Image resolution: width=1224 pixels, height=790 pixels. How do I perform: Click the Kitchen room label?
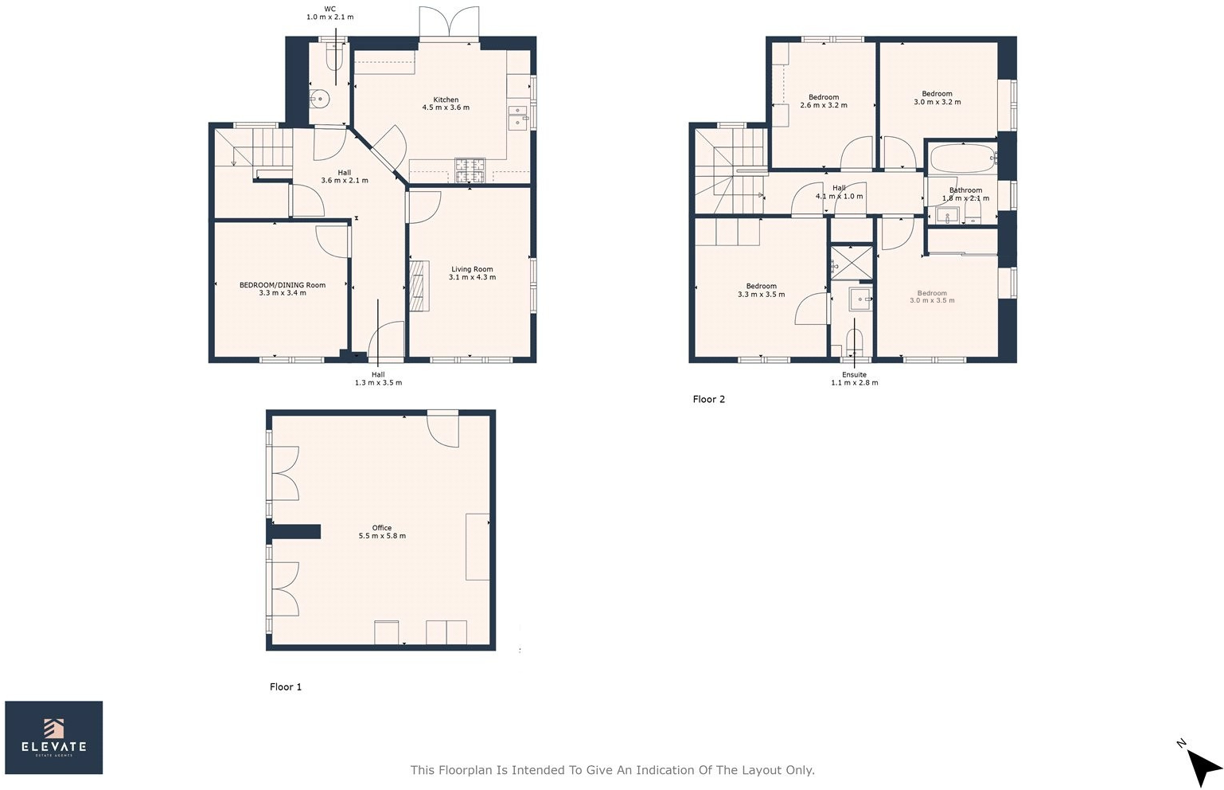click(x=446, y=100)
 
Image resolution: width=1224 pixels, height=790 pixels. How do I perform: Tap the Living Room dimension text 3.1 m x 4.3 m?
click(x=472, y=278)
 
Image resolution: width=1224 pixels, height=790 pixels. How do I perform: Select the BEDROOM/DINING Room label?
click(x=283, y=285)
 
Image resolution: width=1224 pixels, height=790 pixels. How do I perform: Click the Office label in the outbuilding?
click(x=382, y=528)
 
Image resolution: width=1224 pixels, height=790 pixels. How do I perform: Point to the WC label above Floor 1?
click(x=329, y=9)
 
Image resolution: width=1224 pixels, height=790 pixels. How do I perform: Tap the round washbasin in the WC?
click(x=320, y=100)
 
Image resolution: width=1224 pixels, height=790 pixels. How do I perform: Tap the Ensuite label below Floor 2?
click(x=854, y=374)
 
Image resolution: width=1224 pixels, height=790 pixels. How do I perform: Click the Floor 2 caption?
click(x=708, y=400)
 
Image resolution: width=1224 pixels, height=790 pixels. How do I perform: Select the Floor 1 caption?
click(x=286, y=686)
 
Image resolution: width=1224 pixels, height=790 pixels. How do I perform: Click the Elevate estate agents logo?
click(x=54, y=737)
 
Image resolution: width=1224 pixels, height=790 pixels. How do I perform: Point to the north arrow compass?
click(x=1203, y=763)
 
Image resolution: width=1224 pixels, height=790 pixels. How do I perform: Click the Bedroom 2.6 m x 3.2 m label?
click(x=824, y=97)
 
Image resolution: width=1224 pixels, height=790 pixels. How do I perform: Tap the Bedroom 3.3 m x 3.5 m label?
click(x=761, y=287)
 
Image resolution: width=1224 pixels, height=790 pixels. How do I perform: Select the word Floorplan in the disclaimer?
click(x=466, y=770)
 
